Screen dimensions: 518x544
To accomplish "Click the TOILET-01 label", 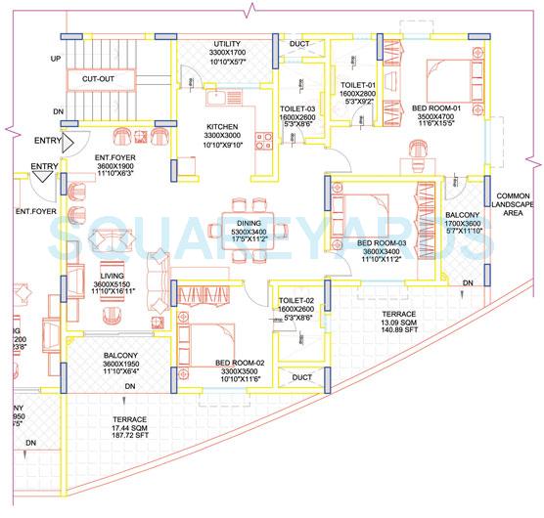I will click(358, 86).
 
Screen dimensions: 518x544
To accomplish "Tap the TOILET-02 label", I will click(295, 300).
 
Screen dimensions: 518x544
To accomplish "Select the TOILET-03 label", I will click(295, 109).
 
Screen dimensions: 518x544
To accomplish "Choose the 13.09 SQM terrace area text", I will click(403, 324).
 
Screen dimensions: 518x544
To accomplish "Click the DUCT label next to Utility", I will click(299, 45).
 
